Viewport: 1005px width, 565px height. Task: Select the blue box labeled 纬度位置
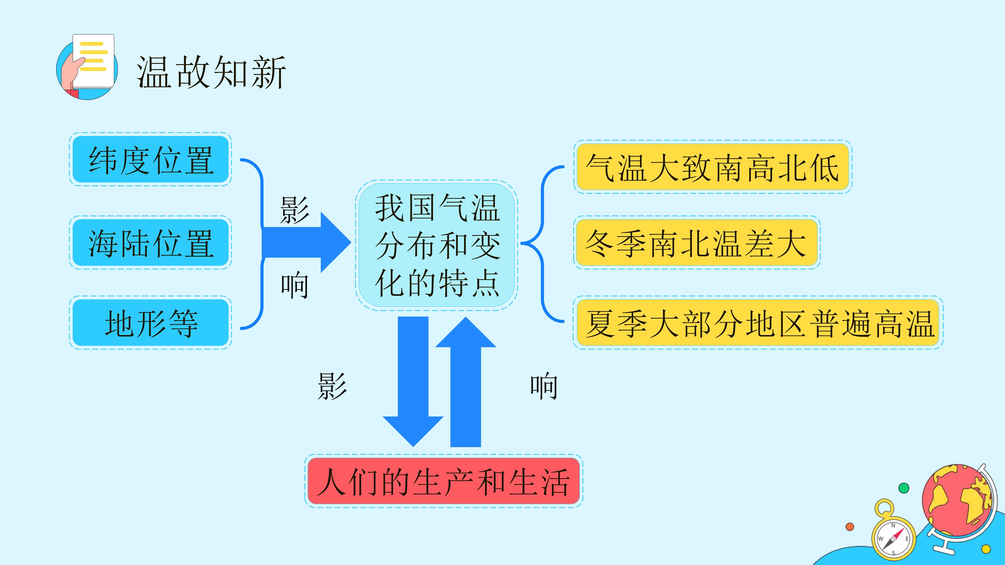(x=151, y=159)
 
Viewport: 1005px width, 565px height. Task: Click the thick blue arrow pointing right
(x=306, y=242)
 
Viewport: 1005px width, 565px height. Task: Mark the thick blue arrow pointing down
(x=413, y=381)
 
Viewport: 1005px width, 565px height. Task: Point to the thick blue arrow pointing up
(x=466, y=381)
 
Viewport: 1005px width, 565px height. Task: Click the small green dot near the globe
(x=904, y=488)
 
